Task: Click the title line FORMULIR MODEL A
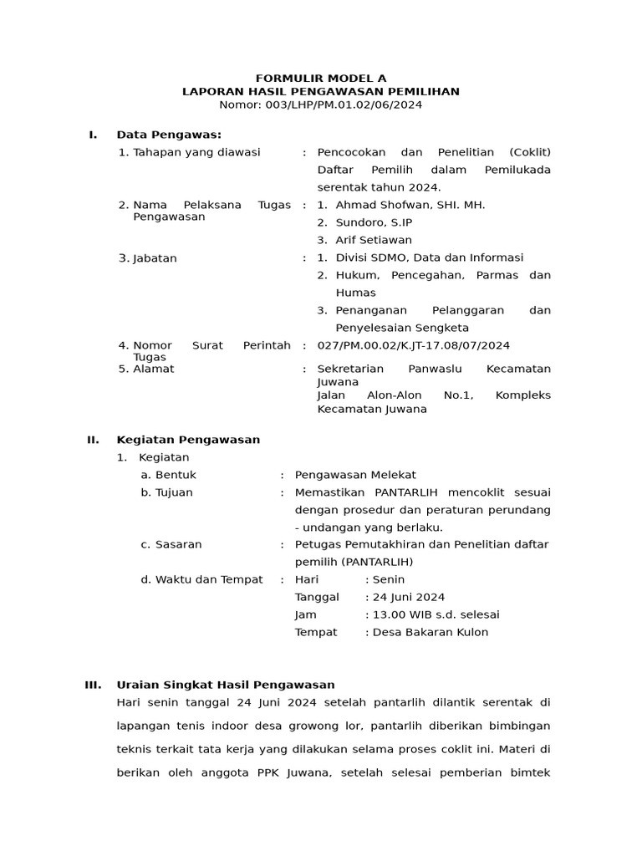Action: click(321, 78)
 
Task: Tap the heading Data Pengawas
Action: click(169, 135)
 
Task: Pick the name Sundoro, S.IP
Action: click(374, 222)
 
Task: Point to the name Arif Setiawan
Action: click(374, 240)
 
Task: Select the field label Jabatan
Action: click(154, 258)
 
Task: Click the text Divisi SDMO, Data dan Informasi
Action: click(429, 257)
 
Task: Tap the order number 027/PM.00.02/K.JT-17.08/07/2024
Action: click(414, 345)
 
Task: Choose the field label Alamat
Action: click(153, 369)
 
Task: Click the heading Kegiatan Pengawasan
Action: click(188, 440)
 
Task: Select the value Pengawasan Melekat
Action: click(355, 475)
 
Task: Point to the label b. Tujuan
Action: click(167, 492)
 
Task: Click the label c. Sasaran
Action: click(171, 544)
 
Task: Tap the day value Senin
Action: click(389, 579)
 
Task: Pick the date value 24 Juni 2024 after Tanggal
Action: click(409, 597)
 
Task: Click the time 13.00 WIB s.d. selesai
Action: click(436, 614)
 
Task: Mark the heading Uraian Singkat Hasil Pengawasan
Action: click(226, 685)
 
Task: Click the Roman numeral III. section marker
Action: click(93, 685)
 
